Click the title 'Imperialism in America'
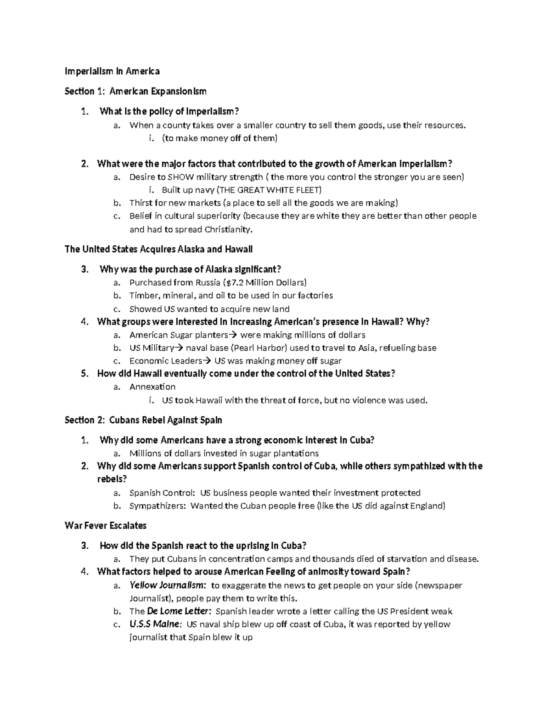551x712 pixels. pos(112,72)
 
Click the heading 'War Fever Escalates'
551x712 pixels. pos(106,525)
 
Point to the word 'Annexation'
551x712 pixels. pos(152,387)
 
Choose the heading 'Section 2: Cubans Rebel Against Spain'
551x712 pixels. pos(144,420)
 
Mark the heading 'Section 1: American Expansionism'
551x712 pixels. pos(135,91)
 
